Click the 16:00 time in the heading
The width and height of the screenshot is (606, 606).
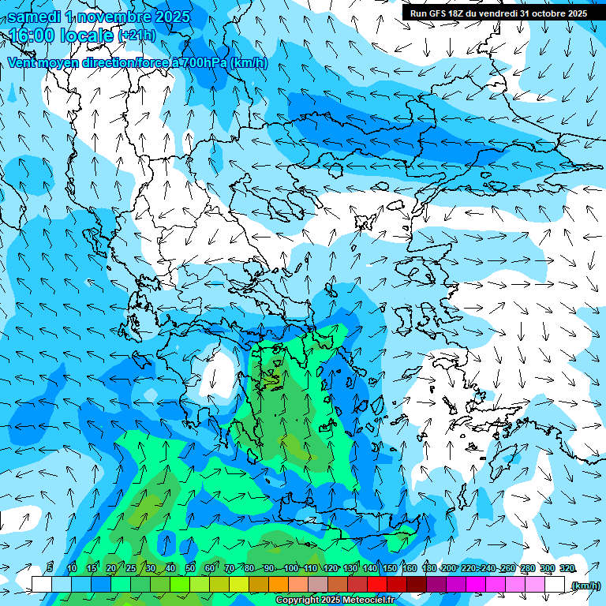pos(32,35)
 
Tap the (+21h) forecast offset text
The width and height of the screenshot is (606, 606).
pos(137,35)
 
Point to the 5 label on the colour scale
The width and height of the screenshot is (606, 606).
pos(50,568)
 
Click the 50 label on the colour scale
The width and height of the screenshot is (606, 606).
pos(190,568)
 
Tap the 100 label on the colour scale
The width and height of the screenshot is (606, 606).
pos(290,568)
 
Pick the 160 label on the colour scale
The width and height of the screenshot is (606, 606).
pos(409,568)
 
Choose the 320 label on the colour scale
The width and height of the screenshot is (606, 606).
pos(567,568)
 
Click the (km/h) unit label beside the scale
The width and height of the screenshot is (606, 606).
pos(585,585)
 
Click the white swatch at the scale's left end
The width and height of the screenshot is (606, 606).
pos(42,584)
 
